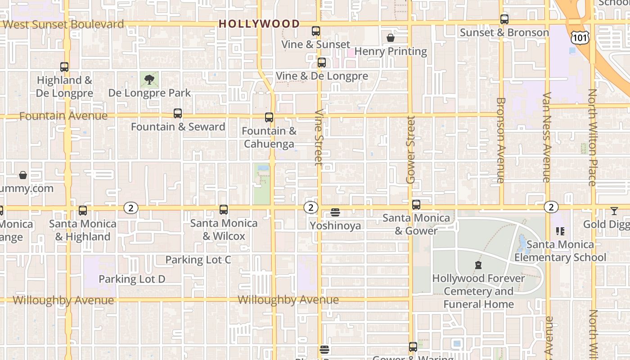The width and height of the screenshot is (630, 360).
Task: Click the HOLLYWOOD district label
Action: click(259, 24)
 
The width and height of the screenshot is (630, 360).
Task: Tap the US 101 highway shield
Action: click(579, 38)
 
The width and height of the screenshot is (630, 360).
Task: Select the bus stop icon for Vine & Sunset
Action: click(316, 31)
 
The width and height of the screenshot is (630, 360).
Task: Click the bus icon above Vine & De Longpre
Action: click(322, 63)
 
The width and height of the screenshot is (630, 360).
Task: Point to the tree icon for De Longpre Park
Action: click(149, 80)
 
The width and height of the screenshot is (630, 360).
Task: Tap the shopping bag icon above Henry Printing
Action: click(391, 38)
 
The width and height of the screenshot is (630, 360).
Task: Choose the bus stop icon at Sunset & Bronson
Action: click(504, 19)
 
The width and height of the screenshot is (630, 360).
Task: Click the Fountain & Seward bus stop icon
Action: click(178, 113)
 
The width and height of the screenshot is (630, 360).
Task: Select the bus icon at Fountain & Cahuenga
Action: click(269, 117)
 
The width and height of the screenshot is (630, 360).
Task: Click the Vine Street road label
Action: click(319, 137)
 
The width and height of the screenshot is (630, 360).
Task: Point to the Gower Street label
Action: click(410, 150)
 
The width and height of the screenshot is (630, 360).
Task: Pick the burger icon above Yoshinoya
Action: click(335, 212)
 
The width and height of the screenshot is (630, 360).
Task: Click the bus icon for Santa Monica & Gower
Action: click(416, 205)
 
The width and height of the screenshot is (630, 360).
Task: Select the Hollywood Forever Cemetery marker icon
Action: click(478, 265)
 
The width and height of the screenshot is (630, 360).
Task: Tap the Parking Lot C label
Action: click(198, 260)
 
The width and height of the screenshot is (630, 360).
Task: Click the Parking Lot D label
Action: click(132, 279)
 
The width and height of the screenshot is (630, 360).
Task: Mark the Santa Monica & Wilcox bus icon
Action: click(224, 210)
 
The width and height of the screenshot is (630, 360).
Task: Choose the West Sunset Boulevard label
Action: click(63, 24)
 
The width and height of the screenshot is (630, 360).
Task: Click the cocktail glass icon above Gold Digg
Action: click(614, 211)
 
